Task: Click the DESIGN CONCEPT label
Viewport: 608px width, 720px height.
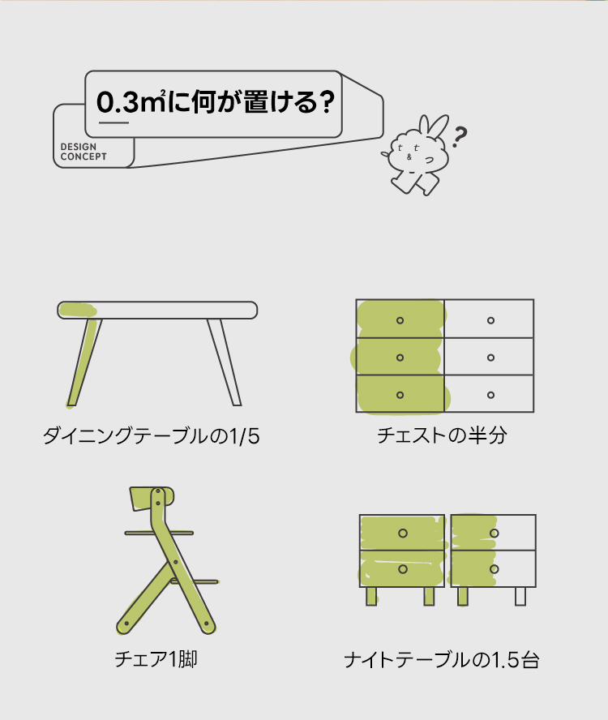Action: (83, 152)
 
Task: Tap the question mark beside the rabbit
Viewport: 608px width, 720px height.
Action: (459, 137)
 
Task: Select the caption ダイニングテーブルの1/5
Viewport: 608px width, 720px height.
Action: (152, 435)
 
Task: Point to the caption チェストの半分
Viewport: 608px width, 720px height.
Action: (442, 435)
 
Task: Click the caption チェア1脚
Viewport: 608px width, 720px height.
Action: (156, 659)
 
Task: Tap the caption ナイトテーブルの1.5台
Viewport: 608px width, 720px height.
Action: (441, 660)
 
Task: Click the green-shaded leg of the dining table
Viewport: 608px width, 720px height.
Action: (84, 362)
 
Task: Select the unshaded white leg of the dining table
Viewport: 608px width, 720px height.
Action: (224, 362)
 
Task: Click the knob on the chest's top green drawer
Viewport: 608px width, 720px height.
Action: (400, 320)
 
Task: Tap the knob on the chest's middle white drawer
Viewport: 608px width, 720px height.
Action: (491, 358)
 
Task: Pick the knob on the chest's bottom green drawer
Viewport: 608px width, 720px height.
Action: (400, 395)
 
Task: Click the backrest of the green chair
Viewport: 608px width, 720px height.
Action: (152, 499)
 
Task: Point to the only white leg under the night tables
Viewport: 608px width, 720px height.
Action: (520, 597)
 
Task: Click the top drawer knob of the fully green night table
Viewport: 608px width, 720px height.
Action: (403, 534)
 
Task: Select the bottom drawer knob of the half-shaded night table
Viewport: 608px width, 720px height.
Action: (495, 569)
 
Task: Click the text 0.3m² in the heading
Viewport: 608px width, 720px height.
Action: (131, 101)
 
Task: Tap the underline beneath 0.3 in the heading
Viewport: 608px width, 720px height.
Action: (113, 122)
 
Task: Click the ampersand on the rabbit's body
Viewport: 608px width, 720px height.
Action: (409, 157)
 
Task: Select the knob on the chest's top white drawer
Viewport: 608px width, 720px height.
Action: (491, 320)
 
